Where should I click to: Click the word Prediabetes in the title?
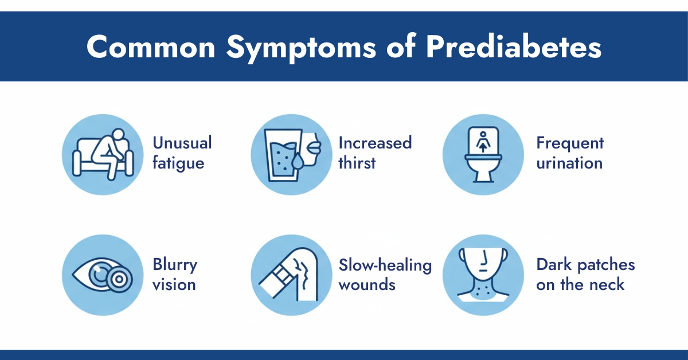click(514, 48)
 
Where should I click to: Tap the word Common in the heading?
click(151, 48)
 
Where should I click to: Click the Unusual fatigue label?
click(182, 152)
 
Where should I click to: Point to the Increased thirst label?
click(375, 152)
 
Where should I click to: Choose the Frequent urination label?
click(569, 152)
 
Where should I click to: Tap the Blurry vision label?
click(174, 275)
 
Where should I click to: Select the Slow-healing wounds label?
click(385, 275)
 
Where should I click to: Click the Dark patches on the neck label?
click(585, 275)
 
